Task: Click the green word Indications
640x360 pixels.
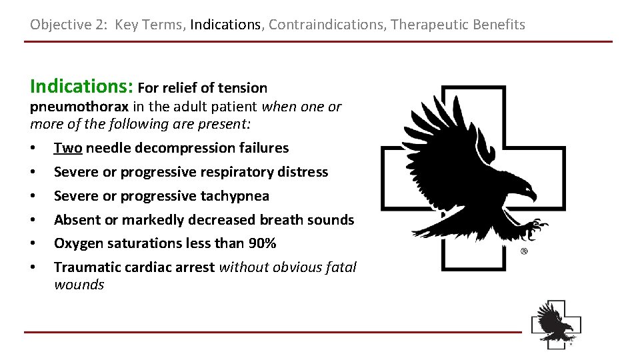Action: pyautogui.click(x=82, y=87)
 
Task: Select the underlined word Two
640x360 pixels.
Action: pyautogui.click(x=67, y=148)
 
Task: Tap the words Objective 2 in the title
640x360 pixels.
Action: pyautogui.click(x=68, y=25)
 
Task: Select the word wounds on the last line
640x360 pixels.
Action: pyautogui.click(x=79, y=285)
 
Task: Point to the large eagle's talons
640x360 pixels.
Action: pyautogui.click(x=533, y=229)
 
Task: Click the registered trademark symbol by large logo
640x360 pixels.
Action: pyautogui.click(x=524, y=251)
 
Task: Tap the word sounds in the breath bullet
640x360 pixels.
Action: pyautogui.click(x=333, y=220)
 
